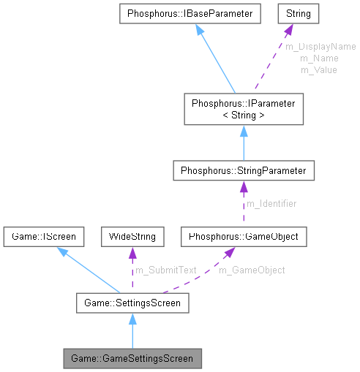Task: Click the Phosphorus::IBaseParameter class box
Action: pyautogui.click(x=190, y=13)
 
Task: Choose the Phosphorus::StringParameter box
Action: pyautogui.click(x=243, y=171)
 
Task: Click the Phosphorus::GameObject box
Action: pyautogui.click(x=243, y=237)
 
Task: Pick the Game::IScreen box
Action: pyautogui.click(x=43, y=237)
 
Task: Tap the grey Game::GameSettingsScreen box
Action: pyautogui.click(x=132, y=359)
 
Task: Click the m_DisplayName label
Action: pyautogui.click(x=320, y=46)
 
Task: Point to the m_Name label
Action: pyautogui.click(x=319, y=58)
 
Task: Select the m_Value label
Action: pyautogui.click(x=319, y=69)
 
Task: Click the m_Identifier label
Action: pyautogui.click(x=271, y=204)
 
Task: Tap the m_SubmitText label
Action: pyautogui.click(x=166, y=270)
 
